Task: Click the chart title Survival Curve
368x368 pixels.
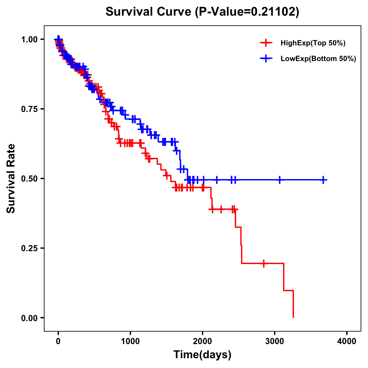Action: tap(202, 12)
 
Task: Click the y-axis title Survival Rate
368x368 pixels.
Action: tap(11, 178)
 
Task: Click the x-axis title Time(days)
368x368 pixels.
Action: tap(202, 355)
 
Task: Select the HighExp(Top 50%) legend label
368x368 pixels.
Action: tap(313, 43)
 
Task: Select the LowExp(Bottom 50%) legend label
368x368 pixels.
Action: tap(318, 59)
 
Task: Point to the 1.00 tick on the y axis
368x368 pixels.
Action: tap(29, 39)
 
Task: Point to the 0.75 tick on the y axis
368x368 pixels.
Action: tap(29, 109)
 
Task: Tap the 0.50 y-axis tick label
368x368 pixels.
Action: tap(29, 178)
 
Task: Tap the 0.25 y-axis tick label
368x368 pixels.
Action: tap(29, 248)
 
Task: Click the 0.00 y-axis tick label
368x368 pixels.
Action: tap(29, 318)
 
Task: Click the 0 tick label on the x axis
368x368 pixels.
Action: tap(58, 341)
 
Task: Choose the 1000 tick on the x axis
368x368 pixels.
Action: tap(130, 341)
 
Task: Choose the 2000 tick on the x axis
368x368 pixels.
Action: tap(203, 341)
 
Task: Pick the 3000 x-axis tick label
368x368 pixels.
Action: tap(275, 341)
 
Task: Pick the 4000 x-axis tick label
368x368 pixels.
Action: tap(347, 341)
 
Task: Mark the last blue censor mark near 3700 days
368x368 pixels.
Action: tap(323, 180)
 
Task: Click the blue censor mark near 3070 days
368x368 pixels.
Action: tap(280, 180)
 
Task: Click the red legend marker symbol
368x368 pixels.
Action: tap(266, 43)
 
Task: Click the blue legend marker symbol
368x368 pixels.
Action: tap(266, 59)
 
